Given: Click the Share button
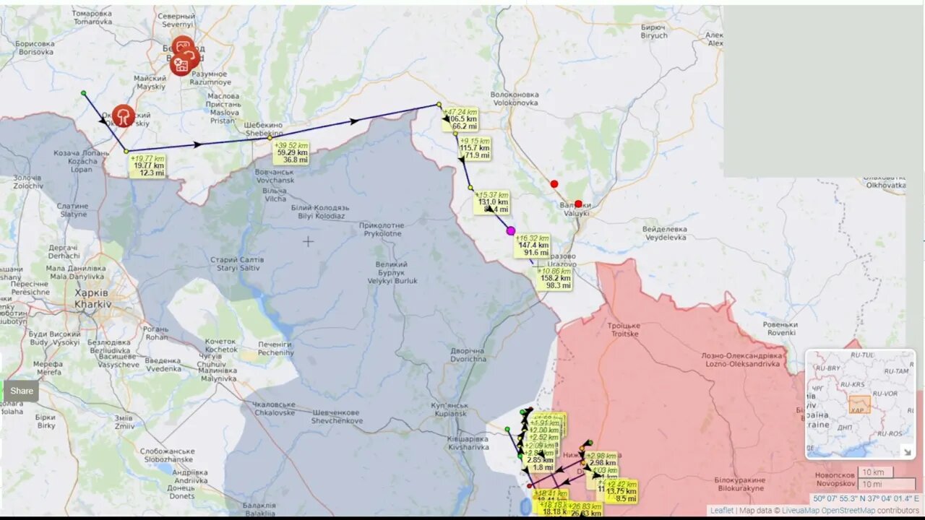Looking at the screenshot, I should click(22, 391).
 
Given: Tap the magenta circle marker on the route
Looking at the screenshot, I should click(511, 231).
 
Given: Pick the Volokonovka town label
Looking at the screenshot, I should click(515, 98).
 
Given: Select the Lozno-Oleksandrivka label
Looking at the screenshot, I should click(742, 360).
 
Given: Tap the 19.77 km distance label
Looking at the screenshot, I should click(147, 166).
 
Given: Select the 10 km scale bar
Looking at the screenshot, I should click(875, 472).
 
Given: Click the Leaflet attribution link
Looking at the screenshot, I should click(721, 511).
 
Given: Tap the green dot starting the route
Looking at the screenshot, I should click(84, 93).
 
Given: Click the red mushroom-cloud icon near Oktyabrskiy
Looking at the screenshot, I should click(124, 116).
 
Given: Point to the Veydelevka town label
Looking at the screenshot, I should click(664, 233).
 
